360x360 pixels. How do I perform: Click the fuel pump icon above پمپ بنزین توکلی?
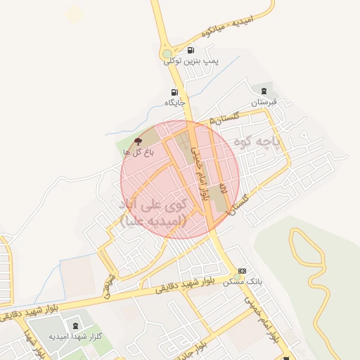191,50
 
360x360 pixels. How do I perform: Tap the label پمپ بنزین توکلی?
191,61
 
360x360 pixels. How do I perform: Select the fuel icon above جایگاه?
174,92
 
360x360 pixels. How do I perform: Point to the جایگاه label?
174,103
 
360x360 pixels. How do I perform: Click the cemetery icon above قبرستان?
264,91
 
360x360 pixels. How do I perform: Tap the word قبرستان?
264,102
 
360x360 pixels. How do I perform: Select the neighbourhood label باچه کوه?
276,142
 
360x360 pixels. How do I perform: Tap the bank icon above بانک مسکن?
243,271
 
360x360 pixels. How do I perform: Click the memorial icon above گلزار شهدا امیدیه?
75,326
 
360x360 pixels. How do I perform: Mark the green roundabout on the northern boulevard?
167,53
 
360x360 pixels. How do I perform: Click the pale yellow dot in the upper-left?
74,14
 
